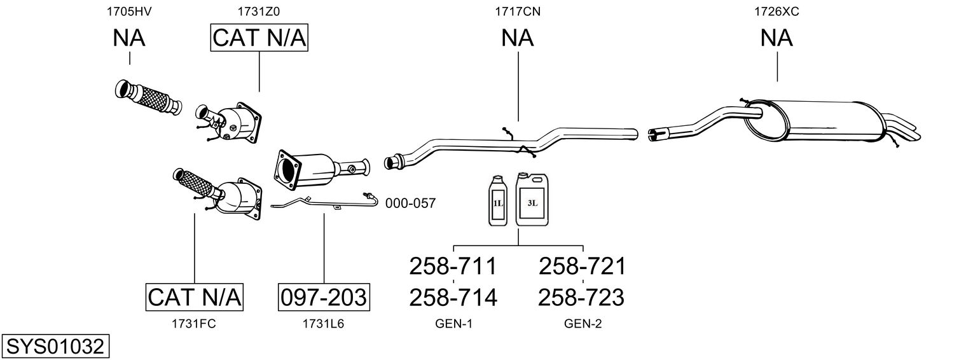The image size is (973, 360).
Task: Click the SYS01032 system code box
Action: click(55, 347)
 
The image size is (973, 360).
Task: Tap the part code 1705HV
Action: click(129, 11)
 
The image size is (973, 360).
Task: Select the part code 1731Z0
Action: click(259, 11)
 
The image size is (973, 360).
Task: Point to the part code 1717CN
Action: click(518, 11)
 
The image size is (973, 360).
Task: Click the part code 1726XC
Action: click(776, 11)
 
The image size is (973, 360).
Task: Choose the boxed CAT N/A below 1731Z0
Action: click(259, 38)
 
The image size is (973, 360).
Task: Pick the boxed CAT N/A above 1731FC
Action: click(195, 296)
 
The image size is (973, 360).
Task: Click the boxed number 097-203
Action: click(324, 296)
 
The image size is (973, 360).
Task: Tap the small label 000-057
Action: click(410, 204)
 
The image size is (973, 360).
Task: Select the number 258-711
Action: click(453, 266)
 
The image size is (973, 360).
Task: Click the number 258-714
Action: click(453, 296)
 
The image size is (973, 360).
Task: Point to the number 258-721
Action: click(582, 266)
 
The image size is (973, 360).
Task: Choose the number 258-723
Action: click(582, 296)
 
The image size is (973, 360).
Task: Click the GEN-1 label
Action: click(453, 324)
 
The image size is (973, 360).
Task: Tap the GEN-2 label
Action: click(583, 324)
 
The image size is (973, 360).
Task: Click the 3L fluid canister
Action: click(532, 201)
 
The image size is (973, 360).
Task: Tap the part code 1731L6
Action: click(324, 324)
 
